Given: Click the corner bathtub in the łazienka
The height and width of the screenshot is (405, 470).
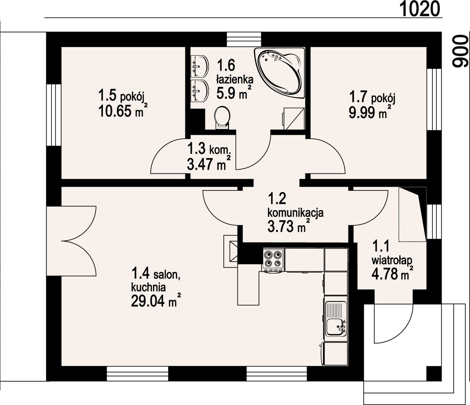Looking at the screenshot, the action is [x=279, y=73].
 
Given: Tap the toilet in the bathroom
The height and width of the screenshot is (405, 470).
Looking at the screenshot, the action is [x=222, y=118].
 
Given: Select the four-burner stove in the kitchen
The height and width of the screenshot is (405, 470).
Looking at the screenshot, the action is [x=273, y=260].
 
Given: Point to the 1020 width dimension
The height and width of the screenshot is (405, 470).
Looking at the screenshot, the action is [x=419, y=9].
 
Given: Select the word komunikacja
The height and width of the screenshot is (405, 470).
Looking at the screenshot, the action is [x=296, y=213].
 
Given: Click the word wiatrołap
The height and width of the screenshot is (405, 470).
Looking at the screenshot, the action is [x=392, y=260].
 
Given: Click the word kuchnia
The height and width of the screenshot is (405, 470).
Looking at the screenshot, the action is [x=148, y=287].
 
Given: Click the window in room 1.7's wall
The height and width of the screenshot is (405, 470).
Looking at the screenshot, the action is [x=434, y=99].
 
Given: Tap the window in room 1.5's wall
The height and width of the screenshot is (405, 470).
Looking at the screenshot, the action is [x=54, y=115].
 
